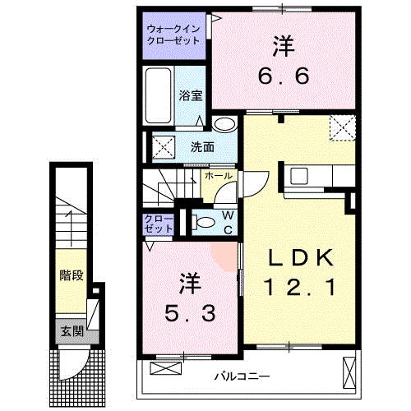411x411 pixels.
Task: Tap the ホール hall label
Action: point(217,176)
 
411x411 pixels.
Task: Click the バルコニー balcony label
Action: point(242,376)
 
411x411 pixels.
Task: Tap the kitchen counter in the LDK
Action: point(316,176)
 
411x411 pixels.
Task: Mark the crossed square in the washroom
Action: point(161,148)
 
